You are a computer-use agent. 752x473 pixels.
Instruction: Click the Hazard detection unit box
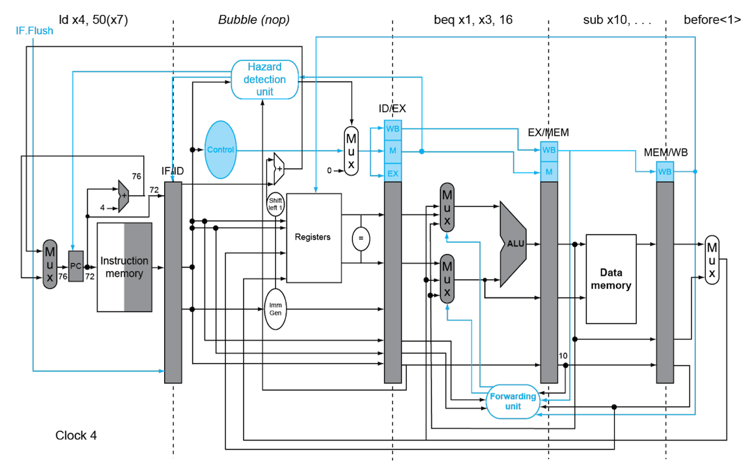pyautogui.click(x=264, y=80)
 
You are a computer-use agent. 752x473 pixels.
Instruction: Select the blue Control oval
pyautogui.click(x=221, y=150)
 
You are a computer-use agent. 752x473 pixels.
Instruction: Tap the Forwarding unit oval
pyautogui.click(x=513, y=402)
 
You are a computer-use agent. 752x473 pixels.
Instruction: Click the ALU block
pyautogui.click(x=513, y=244)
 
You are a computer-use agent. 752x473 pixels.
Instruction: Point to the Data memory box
pyautogui.click(x=611, y=279)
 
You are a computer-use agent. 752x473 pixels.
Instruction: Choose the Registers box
pyautogui.click(x=314, y=237)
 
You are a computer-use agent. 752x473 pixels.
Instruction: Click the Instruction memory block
pyautogui.click(x=125, y=268)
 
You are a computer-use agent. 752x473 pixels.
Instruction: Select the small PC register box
pyautogui.click(x=76, y=266)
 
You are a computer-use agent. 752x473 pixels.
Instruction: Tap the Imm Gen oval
pyautogui.click(x=275, y=309)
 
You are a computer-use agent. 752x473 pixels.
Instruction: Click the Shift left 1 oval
pyautogui.click(x=275, y=204)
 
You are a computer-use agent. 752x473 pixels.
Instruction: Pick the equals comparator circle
pyautogui.click(x=361, y=238)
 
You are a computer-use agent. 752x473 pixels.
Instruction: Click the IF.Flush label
pyautogui.click(x=34, y=31)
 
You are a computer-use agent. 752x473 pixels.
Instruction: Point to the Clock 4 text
pyautogui.click(x=76, y=435)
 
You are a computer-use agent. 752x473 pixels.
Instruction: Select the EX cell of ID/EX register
pyautogui.click(x=393, y=173)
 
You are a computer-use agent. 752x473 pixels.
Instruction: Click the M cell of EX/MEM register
pyautogui.click(x=549, y=172)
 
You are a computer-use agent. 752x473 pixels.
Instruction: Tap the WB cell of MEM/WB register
pyautogui.click(x=665, y=172)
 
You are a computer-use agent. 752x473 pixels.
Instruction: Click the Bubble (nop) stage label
pyautogui.click(x=254, y=20)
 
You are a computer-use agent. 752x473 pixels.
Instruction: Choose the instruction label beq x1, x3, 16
pyautogui.click(x=473, y=20)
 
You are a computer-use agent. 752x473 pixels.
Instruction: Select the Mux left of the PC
pyautogui.click(x=50, y=264)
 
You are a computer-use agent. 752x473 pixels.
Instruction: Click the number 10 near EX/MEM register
pyautogui.click(x=563, y=356)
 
